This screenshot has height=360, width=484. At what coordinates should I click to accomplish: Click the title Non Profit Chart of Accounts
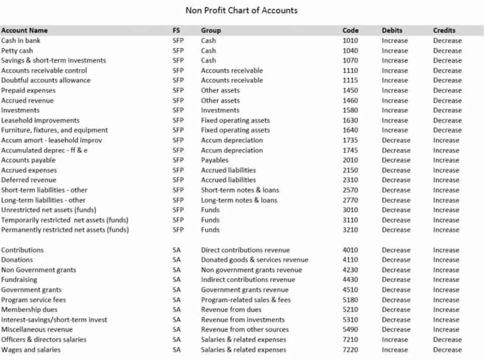(x=241, y=10)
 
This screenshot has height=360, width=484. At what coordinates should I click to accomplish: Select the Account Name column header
(x=24, y=30)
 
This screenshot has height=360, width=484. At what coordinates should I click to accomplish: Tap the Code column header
(x=350, y=30)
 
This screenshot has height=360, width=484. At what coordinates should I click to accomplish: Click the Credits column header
(x=444, y=30)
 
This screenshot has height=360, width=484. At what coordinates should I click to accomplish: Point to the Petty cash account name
(x=17, y=50)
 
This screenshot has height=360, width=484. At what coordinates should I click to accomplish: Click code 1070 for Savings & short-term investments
(x=350, y=61)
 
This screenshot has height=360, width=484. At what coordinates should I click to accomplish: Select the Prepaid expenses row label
(x=28, y=90)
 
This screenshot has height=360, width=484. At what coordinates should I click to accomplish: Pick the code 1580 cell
(x=350, y=110)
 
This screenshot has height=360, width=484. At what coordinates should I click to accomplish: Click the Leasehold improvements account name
(x=40, y=121)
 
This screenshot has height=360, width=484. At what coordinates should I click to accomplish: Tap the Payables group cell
(x=215, y=160)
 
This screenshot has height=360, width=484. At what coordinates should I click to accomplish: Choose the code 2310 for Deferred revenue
(x=350, y=180)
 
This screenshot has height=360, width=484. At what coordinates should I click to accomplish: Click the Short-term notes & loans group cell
(x=240, y=190)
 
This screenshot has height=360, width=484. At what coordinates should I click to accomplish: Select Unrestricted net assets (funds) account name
(x=48, y=210)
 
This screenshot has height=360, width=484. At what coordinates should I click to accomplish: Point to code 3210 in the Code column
(x=350, y=230)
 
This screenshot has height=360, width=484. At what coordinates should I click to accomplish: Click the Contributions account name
(x=22, y=250)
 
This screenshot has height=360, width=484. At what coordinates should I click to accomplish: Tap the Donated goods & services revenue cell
(x=255, y=260)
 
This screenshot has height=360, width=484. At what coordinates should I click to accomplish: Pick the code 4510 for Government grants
(x=350, y=290)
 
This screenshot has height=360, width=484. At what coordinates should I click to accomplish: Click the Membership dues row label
(x=29, y=310)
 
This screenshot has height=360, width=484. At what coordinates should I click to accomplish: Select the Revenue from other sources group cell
(x=245, y=330)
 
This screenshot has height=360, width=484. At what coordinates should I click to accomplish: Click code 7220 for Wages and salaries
(x=350, y=350)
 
